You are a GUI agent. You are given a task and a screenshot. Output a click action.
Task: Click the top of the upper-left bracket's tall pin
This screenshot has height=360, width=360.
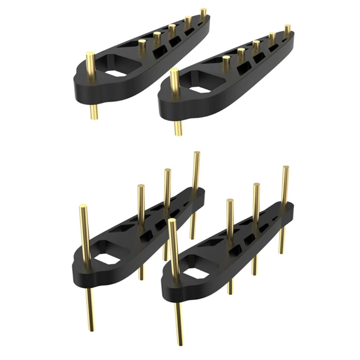point(90,55)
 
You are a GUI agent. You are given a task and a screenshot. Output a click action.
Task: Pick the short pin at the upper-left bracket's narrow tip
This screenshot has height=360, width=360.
point(203,12)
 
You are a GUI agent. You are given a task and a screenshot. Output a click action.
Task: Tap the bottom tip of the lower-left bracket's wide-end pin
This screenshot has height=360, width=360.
point(92,328)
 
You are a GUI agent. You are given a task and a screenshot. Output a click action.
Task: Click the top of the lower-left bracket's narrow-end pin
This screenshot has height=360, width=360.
point(196,154)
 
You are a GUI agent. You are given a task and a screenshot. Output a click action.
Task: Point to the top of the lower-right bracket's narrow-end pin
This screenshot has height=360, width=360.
point(285,169)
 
